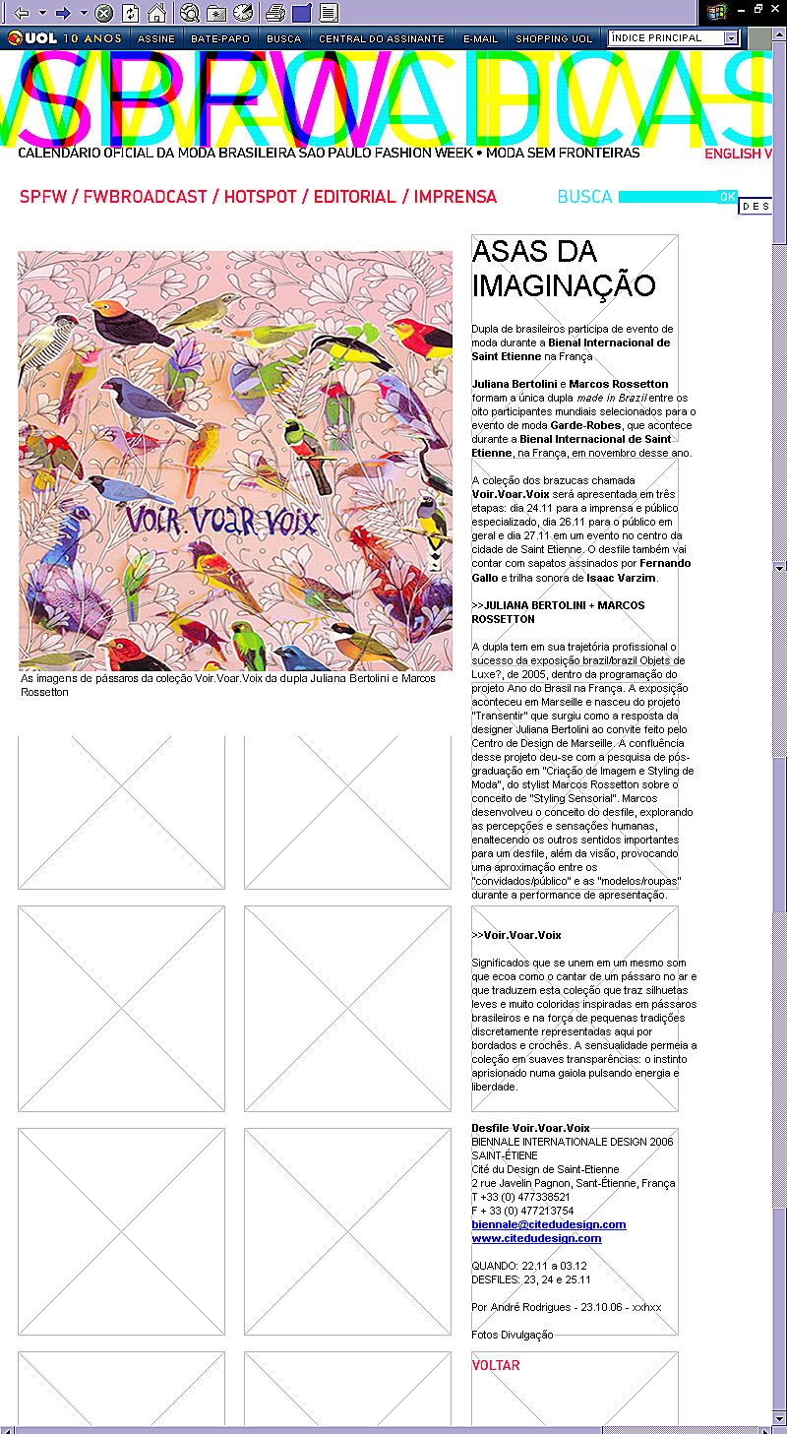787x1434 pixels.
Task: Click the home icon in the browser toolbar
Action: tap(156, 13)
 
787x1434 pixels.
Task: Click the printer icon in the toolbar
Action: tap(276, 13)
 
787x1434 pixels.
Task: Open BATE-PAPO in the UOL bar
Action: tap(220, 39)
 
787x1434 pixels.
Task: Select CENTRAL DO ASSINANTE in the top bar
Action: tap(382, 39)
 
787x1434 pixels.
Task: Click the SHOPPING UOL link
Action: tap(554, 39)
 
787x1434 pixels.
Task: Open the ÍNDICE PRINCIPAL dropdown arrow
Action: tap(731, 38)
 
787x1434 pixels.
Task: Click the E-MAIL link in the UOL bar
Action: tap(481, 39)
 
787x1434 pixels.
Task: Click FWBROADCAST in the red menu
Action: tap(145, 197)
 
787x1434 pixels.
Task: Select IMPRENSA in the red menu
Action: tap(455, 197)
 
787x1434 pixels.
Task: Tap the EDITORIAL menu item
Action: tap(354, 197)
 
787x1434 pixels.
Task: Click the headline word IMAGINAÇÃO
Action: tap(564, 285)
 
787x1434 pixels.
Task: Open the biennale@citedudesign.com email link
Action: tap(549, 1224)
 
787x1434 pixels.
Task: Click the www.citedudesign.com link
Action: tap(536, 1238)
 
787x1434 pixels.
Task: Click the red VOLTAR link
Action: tap(496, 1365)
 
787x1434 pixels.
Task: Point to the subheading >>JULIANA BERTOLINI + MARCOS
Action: tap(558, 605)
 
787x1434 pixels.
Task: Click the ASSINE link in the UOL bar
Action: tap(156, 39)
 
